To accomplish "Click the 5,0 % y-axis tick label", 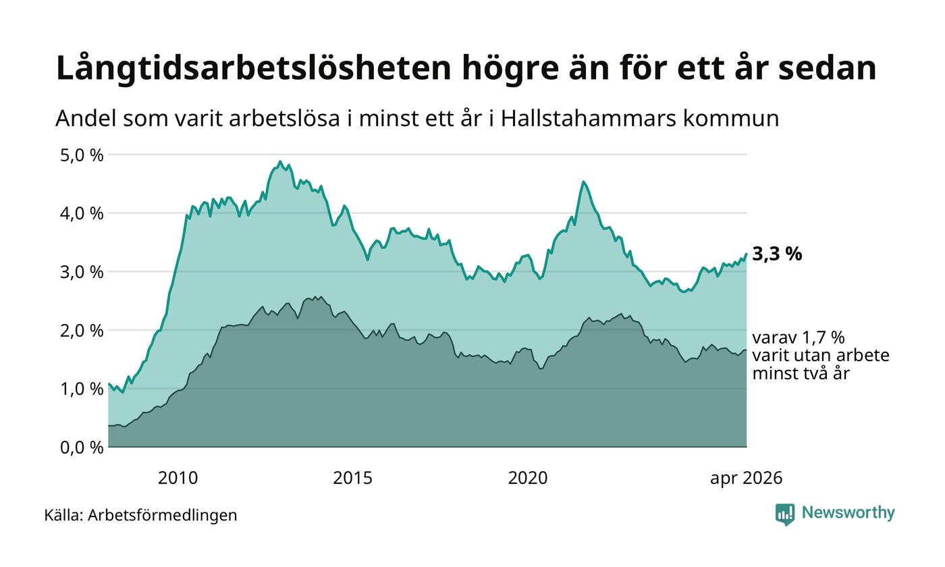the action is coord(82,155).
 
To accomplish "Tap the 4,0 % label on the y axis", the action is coord(82,213).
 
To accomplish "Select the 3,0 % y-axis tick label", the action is coord(82,272).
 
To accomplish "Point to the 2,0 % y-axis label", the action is coord(82,331).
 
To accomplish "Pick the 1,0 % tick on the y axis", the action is coord(82,389).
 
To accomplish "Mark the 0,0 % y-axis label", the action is coord(82,448).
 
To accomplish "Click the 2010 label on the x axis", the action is coord(178,478).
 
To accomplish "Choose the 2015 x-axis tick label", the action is coord(352,478).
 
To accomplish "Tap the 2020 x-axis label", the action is coord(528,478).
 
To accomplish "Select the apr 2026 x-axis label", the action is coord(747,479).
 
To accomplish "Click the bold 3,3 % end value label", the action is coord(777,254).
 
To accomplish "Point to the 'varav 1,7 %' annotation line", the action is coord(799,337).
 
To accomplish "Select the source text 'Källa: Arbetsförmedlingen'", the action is coord(140,515).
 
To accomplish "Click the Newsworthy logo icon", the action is coord(785,514).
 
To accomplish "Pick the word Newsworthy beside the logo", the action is coord(848,512).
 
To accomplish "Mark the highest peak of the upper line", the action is coord(279,161).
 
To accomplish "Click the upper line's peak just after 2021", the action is coord(583,182).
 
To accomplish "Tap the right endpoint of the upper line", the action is coord(747,254).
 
